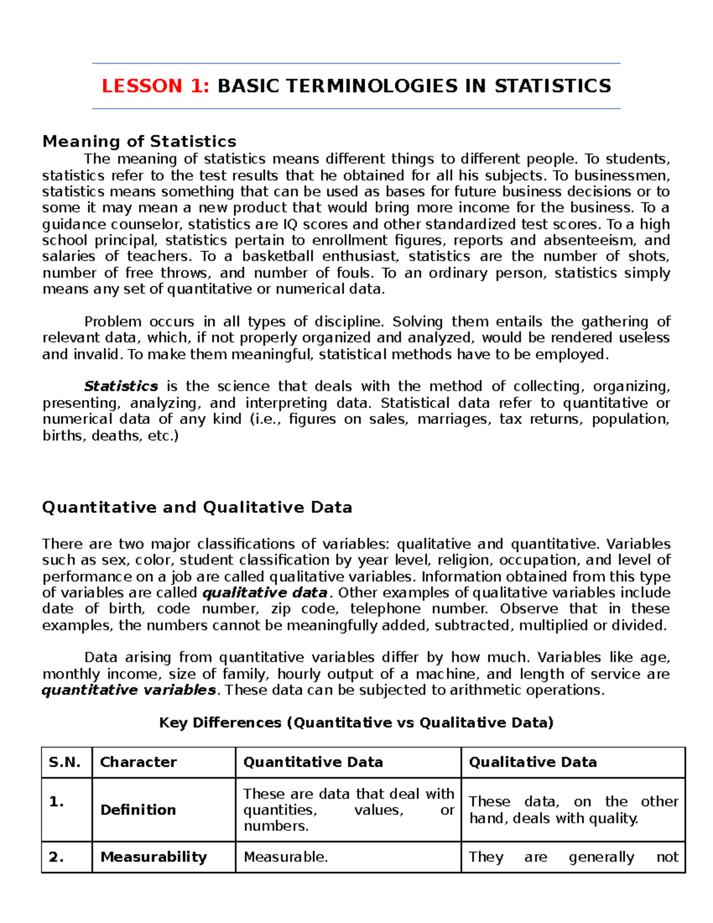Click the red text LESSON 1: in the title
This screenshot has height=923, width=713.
pos(155,86)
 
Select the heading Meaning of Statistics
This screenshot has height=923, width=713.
pos(139,141)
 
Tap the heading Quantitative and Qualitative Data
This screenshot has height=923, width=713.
pos(197,508)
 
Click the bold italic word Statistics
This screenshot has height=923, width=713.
pos(121,386)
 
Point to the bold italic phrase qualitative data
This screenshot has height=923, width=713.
pos(265,593)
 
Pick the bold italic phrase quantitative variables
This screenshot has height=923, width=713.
pos(129,690)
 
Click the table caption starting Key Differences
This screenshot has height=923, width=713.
pos(356,723)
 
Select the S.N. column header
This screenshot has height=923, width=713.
pos(65,763)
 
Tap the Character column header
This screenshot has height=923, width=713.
pos(138,763)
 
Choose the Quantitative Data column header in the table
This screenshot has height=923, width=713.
pos(313,763)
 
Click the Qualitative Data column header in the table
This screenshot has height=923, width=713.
pos(533,763)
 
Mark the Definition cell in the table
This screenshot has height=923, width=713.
pos(138,810)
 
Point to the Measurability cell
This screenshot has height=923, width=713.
pos(154,857)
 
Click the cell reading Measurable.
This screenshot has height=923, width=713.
pos(286,857)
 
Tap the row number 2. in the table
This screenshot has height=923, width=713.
pos(56,857)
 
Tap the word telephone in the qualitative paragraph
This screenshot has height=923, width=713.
pos(385,609)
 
